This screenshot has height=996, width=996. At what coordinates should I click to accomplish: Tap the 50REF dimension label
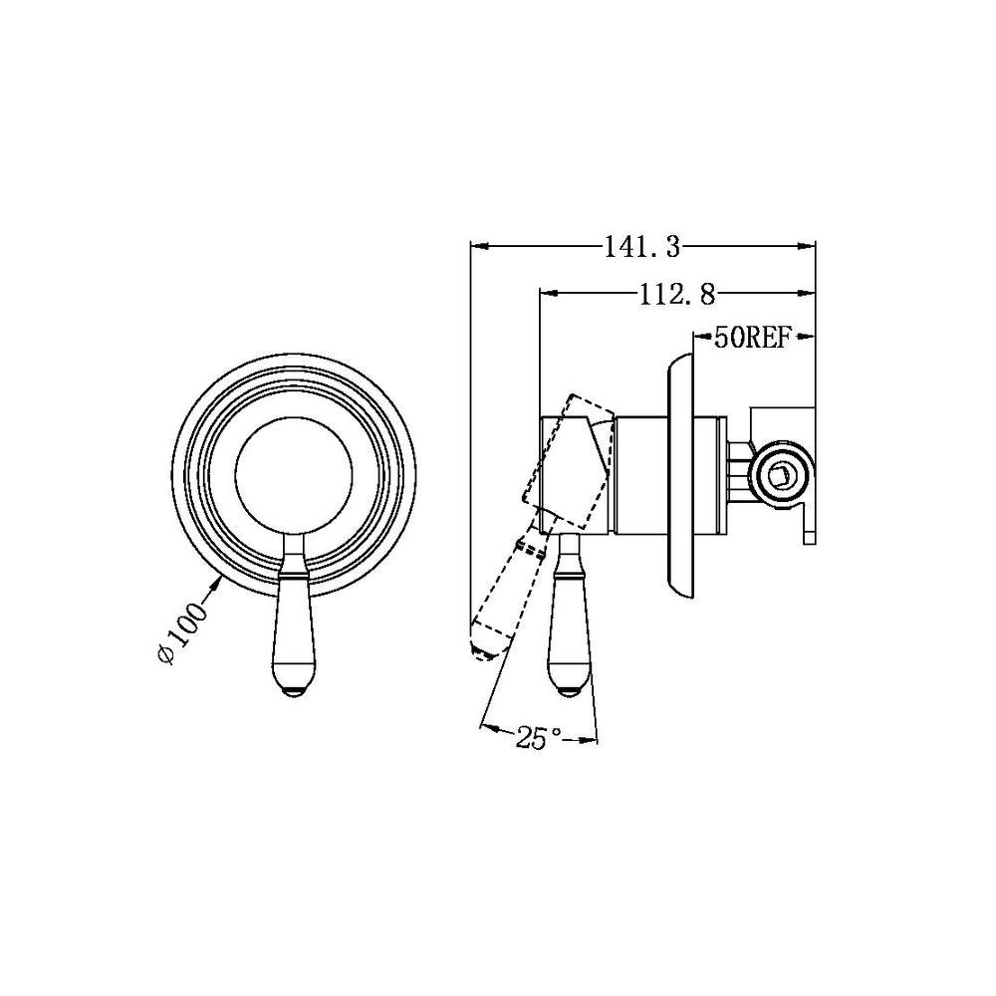752,338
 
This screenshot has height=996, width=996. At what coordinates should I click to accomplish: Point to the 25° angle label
539,738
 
